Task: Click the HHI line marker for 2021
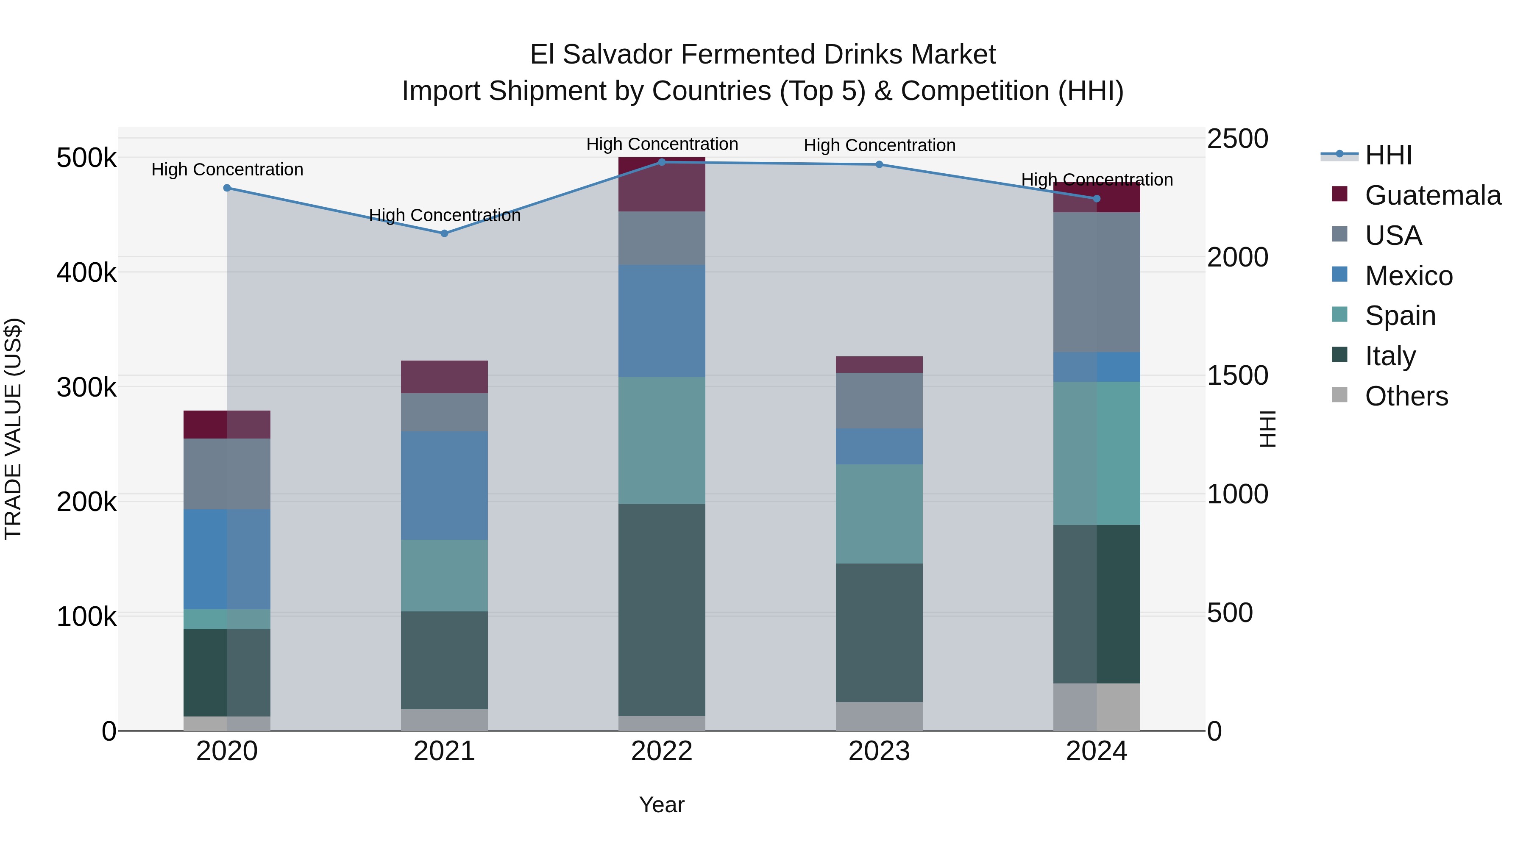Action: tap(444, 233)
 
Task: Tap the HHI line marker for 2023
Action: tap(879, 165)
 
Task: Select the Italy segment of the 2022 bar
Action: tap(662, 610)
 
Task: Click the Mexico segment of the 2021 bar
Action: tap(444, 486)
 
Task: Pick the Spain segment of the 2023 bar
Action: tap(879, 514)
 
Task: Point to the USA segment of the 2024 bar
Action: tap(1097, 283)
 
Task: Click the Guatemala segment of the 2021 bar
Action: tap(444, 377)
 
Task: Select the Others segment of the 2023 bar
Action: tap(879, 716)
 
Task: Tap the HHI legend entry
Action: tap(1388, 155)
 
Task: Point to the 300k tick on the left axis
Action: tap(86, 388)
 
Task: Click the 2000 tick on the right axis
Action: tap(1237, 257)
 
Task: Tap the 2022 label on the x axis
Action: tap(662, 751)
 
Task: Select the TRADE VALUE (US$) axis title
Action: tap(13, 429)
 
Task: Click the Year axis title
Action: tap(662, 805)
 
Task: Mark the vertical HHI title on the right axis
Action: tap(1267, 429)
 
